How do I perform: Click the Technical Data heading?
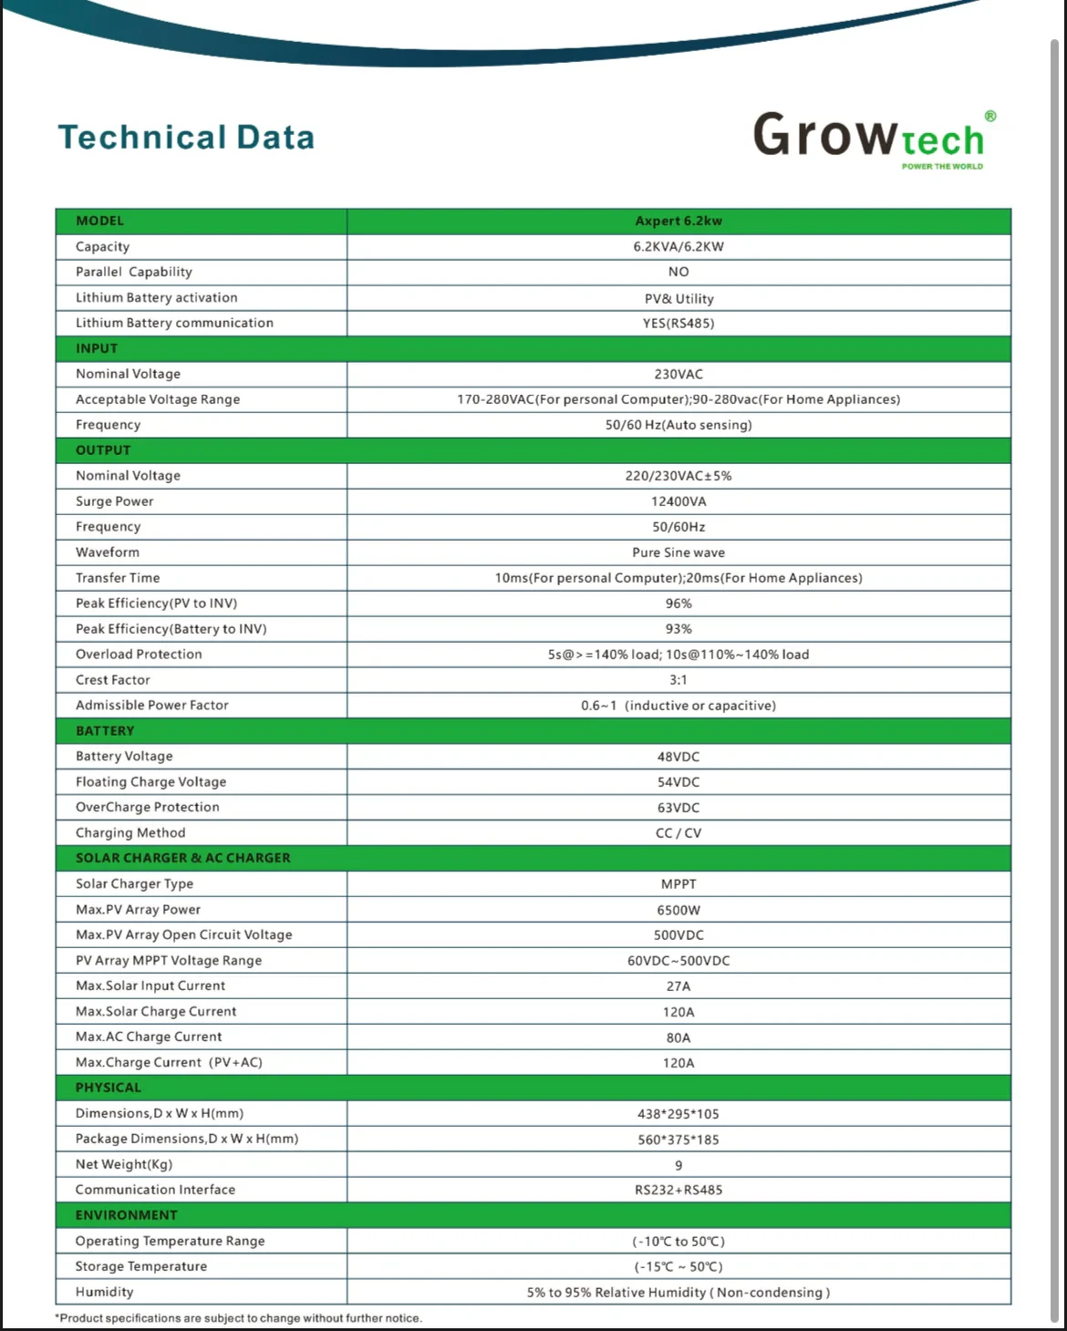pyautogui.click(x=186, y=138)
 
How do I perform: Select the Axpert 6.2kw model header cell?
pyautogui.click(x=679, y=221)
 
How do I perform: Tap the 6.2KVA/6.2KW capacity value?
pyautogui.click(x=679, y=246)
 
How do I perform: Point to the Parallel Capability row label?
pyautogui.click(x=134, y=272)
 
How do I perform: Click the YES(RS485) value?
pyautogui.click(x=679, y=323)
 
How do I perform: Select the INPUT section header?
pyautogui.click(x=97, y=348)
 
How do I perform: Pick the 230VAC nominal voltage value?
pyautogui.click(x=679, y=374)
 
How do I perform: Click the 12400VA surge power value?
pyautogui.click(x=679, y=501)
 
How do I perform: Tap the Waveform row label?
pyautogui.click(x=108, y=552)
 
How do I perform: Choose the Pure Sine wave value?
pyautogui.click(x=679, y=552)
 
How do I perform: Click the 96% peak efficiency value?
pyautogui.click(x=679, y=604)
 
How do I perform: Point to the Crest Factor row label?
pyautogui.click(x=113, y=680)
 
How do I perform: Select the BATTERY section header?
pyautogui.click(x=105, y=731)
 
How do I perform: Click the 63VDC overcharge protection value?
pyautogui.click(x=679, y=808)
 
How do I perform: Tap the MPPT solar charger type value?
pyautogui.click(x=679, y=884)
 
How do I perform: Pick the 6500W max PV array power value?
pyautogui.click(x=679, y=910)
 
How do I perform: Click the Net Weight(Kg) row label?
pyautogui.click(x=124, y=1164)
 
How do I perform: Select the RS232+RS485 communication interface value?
pyautogui.click(x=679, y=1190)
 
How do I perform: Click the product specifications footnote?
pyautogui.click(x=239, y=1318)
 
